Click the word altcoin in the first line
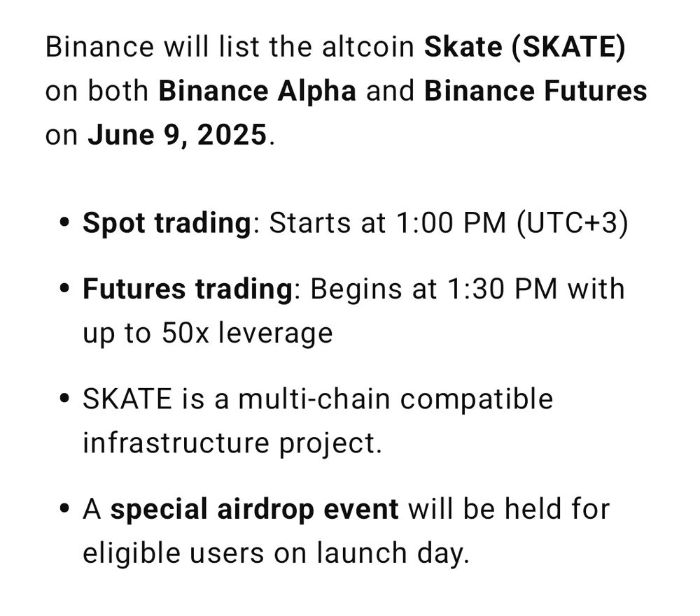coord(368,47)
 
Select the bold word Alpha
coord(316,92)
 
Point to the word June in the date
coord(120,135)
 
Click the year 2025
coord(232,135)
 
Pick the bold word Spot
coord(114,224)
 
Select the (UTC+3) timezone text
coord(573,224)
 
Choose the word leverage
coord(275,334)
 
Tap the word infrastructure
coord(176,443)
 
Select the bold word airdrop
coord(265,510)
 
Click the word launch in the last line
coord(362,553)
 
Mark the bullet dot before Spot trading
coord(64,222)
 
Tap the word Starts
coord(310,223)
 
